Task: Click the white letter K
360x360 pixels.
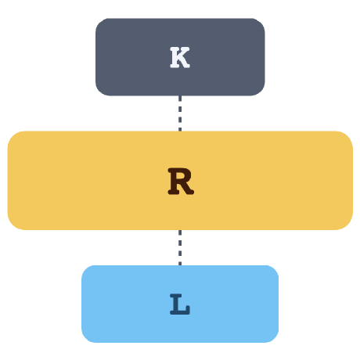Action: pyautogui.click(x=180, y=57)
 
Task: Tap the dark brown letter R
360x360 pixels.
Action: pyautogui.click(x=181, y=182)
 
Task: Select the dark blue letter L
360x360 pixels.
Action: pyautogui.click(x=180, y=304)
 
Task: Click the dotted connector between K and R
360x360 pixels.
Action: pyautogui.click(x=180, y=113)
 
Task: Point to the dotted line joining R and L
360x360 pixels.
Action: pyautogui.click(x=180, y=247)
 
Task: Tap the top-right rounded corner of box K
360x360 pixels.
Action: pyautogui.click(x=261, y=22)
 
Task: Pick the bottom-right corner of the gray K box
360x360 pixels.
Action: pyautogui.click(x=261, y=92)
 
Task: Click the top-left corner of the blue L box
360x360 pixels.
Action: pyautogui.click(x=85, y=269)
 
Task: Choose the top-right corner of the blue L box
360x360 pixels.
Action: pyautogui.click(x=275, y=269)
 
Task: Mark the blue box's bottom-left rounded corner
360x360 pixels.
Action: pyautogui.click(x=85, y=339)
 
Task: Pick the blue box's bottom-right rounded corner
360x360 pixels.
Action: pyautogui.click(x=275, y=339)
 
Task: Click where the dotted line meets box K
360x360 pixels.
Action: pyautogui.click(x=180, y=96)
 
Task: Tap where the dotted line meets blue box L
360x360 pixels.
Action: pyautogui.click(x=180, y=265)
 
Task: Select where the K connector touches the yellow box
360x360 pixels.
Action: pyautogui.click(x=180, y=131)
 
